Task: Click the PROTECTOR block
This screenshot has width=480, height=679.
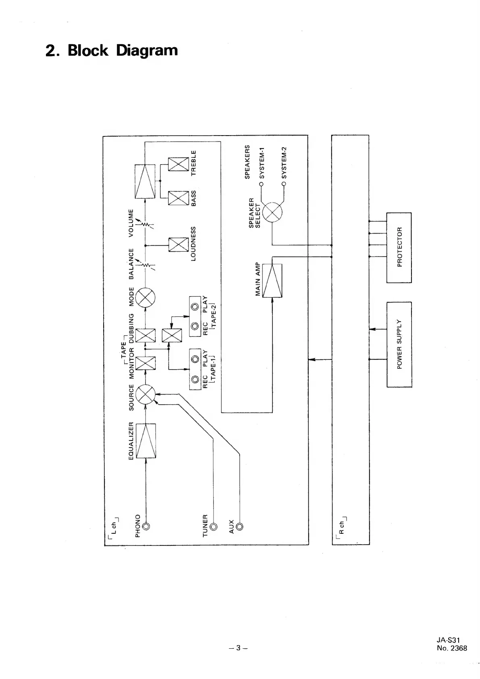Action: [399, 247]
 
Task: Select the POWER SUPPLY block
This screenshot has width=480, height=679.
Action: [399, 344]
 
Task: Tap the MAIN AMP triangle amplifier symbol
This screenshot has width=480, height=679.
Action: [272, 281]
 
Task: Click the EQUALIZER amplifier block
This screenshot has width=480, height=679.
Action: [145, 441]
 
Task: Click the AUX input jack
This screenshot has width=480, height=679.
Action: [240, 526]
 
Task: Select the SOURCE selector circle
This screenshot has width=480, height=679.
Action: [145, 394]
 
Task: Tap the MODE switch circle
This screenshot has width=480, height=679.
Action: [145, 298]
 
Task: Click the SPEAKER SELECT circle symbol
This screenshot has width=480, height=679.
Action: [272, 211]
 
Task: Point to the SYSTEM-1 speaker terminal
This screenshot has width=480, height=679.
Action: [261, 184]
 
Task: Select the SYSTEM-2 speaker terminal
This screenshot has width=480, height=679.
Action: [284, 184]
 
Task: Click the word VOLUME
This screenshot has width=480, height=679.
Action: [131, 223]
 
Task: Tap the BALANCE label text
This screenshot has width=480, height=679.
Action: [131, 264]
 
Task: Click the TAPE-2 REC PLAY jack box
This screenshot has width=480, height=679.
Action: [195, 317]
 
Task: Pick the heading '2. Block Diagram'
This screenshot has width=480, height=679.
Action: [112, 51]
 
